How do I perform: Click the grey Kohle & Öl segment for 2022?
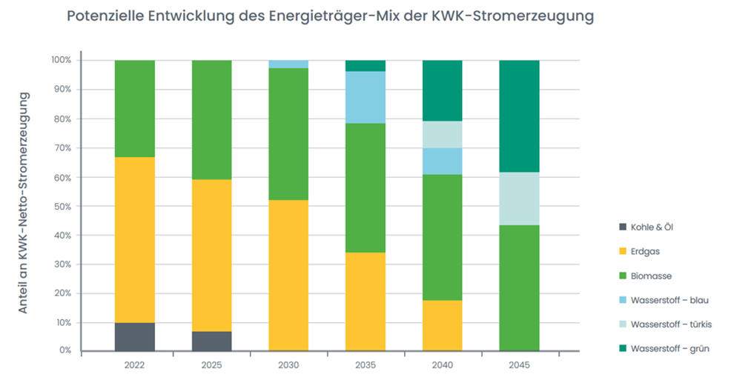[x=135, y=336]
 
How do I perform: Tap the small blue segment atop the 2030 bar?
[x=288, y=64]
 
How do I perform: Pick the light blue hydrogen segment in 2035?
[x=365, y=97]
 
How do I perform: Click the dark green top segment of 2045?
[x=519, y=116]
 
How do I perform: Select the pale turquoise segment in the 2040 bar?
[x=442, y=134]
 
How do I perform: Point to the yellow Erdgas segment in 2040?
[x=442, y=325]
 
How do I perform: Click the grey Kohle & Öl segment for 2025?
[x=212, y=341]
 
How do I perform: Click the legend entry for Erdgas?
[x=646, y=251]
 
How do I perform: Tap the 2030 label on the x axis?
[x=288, y=364]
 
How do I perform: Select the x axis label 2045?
[x=519, y=364]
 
